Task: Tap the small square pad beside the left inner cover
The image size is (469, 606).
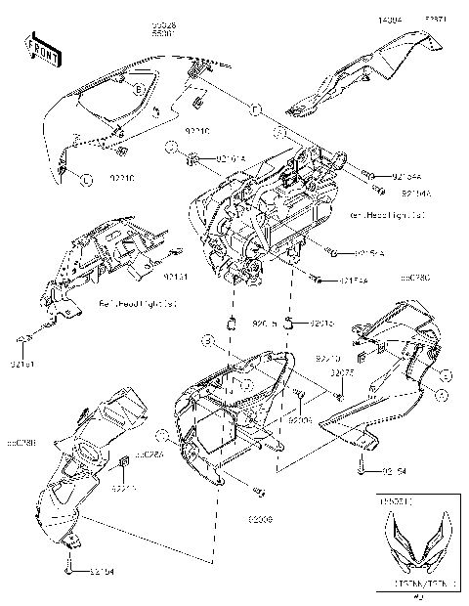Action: (124, 463)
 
